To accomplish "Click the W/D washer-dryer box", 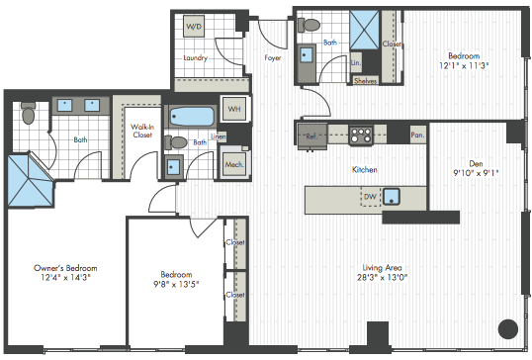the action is click(x=194, y=26).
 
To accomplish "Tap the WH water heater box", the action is click(x=233, y=109).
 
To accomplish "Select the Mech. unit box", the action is click(x=234, y=164).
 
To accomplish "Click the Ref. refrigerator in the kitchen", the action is click(x=312, y=136).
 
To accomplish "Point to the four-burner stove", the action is click(x=361, y=135).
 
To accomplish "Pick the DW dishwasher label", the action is click(x=370, y=197).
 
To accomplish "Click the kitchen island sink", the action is click(x=392, y=197).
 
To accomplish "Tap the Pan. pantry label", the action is click(x=417, y=135).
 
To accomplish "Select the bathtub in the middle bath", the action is click(x=192, y=117).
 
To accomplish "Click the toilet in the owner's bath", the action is click(x=28, y=113).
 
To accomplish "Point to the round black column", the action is click(x=508, y=328).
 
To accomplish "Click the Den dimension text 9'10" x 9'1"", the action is click(x=476, y=173).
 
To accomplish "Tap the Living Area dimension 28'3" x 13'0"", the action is click(x=382, y=277).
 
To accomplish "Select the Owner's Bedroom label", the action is click(x=65, y=268).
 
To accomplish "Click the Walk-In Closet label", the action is click(x=142, y=131).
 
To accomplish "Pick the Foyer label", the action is click(x=273, y=57).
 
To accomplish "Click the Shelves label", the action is click(x=366, y=81).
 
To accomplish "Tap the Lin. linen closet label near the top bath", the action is click(x=356, y=62).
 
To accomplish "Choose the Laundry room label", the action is click(x=195, y=58).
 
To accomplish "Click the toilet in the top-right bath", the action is click(x=309, y=25).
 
